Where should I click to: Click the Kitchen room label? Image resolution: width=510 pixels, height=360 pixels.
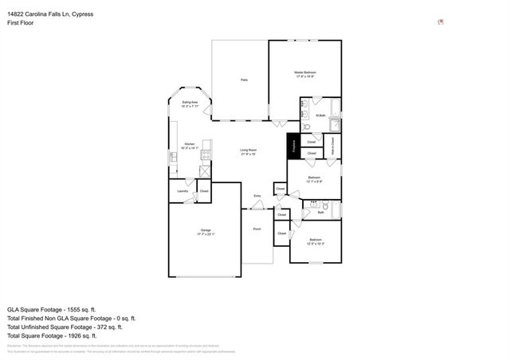click(189, 144)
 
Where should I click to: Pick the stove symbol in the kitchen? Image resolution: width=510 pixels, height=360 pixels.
click(206, 155)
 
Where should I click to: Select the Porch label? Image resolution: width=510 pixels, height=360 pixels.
click(257, 229)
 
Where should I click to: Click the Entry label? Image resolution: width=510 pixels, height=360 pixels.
click(257, 196)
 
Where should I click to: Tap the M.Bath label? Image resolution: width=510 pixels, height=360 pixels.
click(320, 116)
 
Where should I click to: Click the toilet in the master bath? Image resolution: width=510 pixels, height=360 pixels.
click(306, 126)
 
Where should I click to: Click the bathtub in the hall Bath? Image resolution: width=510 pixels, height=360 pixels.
click(335, 210)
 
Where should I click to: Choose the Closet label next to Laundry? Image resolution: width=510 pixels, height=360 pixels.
click(204, 191)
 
